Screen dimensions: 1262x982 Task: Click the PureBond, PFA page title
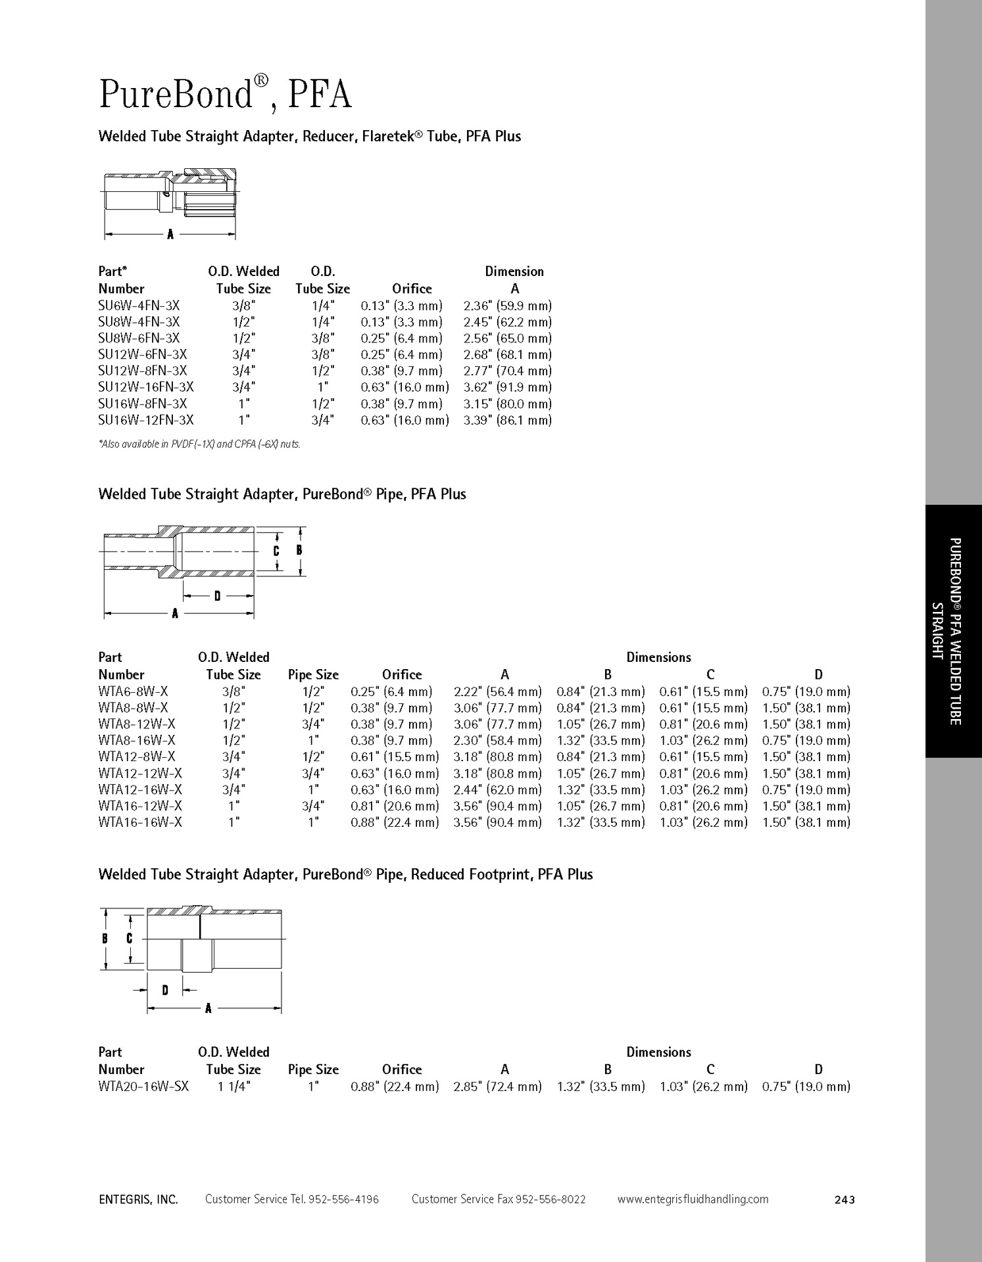[225, 94]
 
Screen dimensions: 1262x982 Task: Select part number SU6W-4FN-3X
[139, 306]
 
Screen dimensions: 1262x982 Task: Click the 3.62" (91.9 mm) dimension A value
[507, 387]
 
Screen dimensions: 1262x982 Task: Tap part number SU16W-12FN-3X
[146, 420]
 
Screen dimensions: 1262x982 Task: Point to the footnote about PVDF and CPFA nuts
[199, 444]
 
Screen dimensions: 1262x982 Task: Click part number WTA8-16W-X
[137, 740]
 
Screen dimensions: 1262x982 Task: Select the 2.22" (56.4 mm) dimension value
[498, 691]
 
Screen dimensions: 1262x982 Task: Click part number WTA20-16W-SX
[143, 1087]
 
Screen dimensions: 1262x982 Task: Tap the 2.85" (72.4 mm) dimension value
[498, 1087]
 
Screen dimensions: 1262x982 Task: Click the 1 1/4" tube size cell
[233, 1087]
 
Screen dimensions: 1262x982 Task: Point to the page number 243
[844, 1200]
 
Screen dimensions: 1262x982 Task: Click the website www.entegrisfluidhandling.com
[693, 1199]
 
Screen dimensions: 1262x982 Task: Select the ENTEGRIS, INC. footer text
[138, 1200]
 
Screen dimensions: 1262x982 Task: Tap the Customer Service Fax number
[499, 1199]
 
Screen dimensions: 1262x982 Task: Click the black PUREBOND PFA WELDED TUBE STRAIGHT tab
[953, 631]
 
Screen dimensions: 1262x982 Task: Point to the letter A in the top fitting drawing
[170, 234]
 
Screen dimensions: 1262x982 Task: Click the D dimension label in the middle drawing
[217, 596]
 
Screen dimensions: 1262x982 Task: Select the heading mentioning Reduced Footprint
[345, 874]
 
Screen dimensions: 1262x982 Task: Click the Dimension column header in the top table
[514, 271]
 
